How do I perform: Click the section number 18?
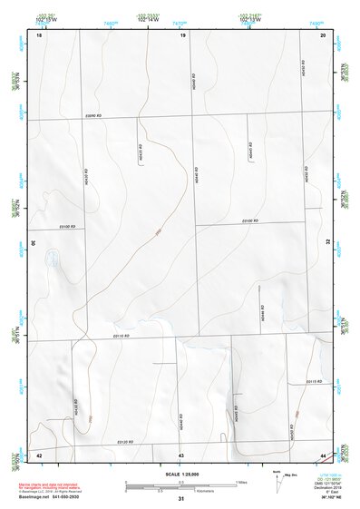pyautogui.click(x=39, y=34)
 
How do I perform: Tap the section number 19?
pyautogui.click(x=182, y=34)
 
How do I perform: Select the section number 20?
pyautogui.click(x=324, y=34)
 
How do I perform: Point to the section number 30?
pyautogui.click(x=34, y=242)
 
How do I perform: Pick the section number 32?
pyautogui.click(x=328, y=242)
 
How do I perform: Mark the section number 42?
pyautogui.click(x=39, y=454)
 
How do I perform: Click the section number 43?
pyautogui.click(x=181, y=454)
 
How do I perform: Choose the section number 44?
pyautogui.click(x=324, y=454)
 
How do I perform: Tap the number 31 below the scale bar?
pyautogui.click(x=181, y=499)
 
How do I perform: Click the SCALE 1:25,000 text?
pyautogui.click(x=181, y=474)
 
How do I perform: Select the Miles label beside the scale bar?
pyautogui.click(x=239, y=481)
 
